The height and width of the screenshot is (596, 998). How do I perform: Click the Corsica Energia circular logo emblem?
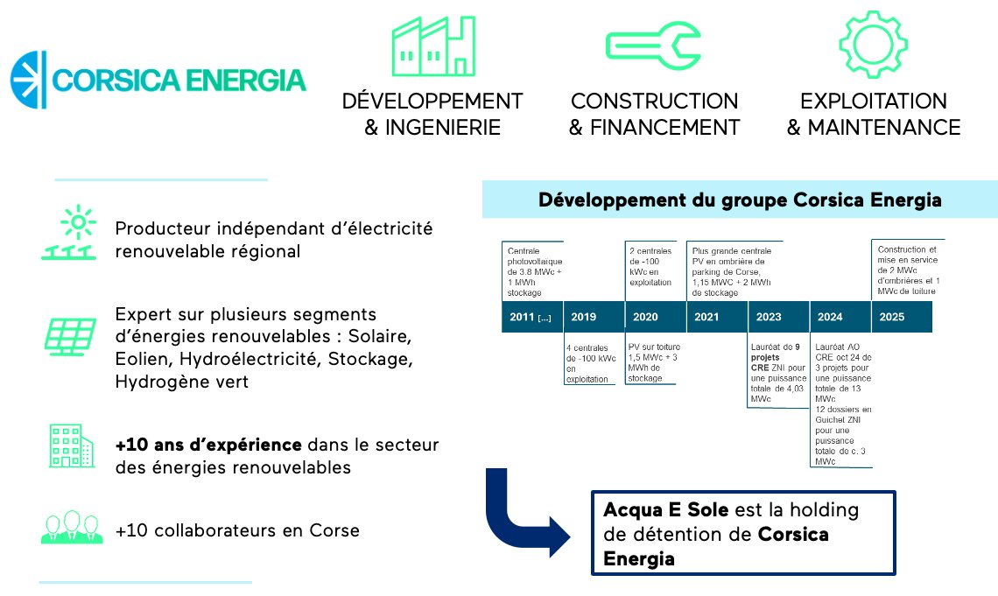pos(29,81)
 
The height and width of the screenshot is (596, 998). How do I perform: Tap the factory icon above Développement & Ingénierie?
pos(433,46)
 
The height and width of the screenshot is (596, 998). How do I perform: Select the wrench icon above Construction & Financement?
pos(653,46)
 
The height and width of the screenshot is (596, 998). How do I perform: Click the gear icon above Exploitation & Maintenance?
pos(874,45)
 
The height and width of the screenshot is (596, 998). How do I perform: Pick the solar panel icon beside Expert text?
pos(70,336)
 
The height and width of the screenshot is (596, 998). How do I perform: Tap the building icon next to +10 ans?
pos(71,445)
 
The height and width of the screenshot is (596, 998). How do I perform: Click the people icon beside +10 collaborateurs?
pos(72,528)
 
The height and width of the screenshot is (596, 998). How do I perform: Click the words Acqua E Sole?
pos(665,510)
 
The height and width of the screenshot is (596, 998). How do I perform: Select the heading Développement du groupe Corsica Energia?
pos(740,200)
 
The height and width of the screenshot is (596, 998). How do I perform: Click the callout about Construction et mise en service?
pos(908,270)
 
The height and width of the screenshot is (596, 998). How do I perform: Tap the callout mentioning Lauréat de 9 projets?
pos(777,374)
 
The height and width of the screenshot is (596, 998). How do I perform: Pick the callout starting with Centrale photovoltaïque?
pos(533,271)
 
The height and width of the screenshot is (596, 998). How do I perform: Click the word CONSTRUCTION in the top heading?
pos(654,101)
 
